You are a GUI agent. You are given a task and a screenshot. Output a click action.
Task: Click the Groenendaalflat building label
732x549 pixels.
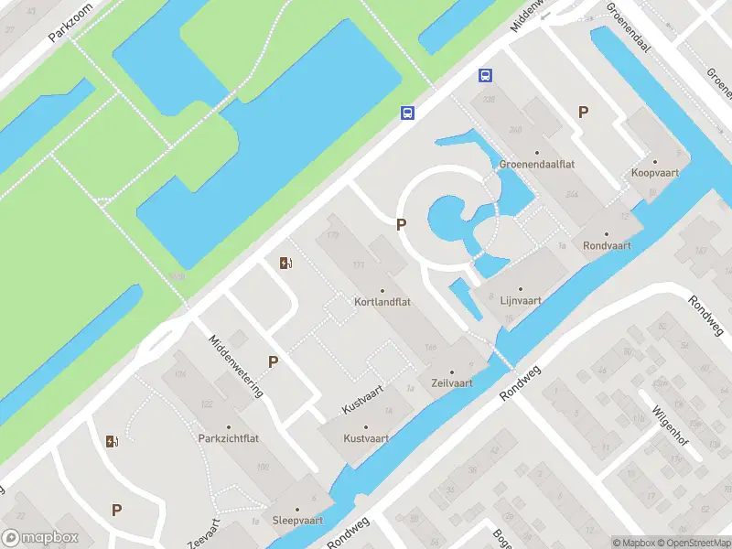(537, 165)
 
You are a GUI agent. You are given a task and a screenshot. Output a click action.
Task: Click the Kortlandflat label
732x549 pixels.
(382, 301)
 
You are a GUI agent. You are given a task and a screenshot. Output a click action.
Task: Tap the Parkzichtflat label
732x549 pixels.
(229, 438)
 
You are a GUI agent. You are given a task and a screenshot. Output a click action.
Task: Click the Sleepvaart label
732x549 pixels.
(297, 520)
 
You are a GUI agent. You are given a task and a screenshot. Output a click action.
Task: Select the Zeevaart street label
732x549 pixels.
(205, 533)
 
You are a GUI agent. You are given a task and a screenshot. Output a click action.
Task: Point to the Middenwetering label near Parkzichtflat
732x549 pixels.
(236, 366)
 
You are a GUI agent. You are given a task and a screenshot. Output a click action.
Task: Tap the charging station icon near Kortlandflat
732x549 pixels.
(286, 264)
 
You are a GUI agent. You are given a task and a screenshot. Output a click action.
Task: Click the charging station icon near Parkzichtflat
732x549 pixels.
(113, 441)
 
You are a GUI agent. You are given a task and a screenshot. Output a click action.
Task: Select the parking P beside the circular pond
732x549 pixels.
(401, 224)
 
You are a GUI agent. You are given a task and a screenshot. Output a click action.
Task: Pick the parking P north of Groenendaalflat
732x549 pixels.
(583, 112)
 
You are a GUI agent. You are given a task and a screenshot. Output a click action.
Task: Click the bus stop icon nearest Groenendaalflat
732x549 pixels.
(485, 77)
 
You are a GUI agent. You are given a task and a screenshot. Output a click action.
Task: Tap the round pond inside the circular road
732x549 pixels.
(447, 220)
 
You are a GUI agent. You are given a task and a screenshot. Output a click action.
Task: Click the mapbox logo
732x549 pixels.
(40, 538)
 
